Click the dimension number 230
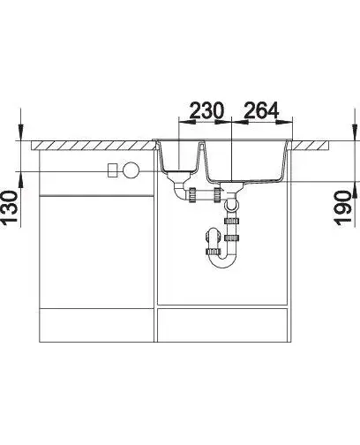tap(206, 110)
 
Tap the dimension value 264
tap(261, 110)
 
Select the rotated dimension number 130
tap(10, 208)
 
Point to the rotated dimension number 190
tap(343, 208)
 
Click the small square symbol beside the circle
tap(113, 170)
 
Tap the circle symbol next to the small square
tap(131, 170)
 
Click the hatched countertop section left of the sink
tap(94, 146)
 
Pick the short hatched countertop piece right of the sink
tap(310, 146)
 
